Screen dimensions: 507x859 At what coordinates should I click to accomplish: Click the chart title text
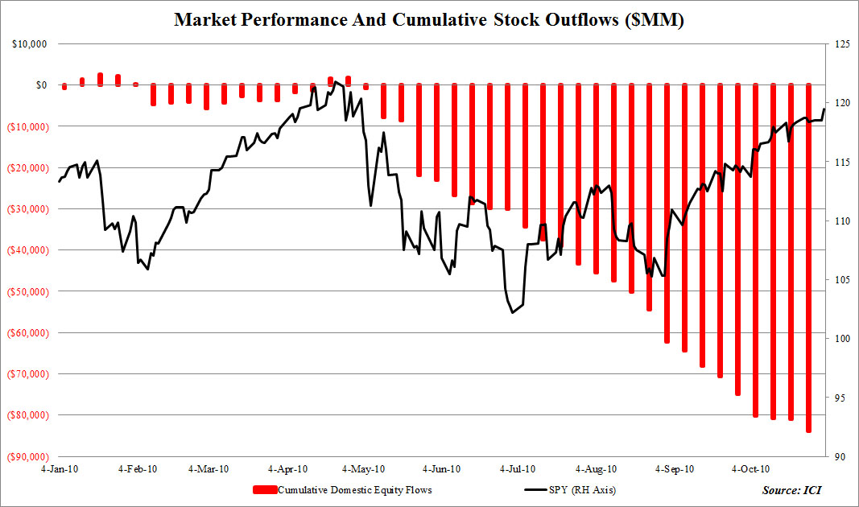coord(429,21)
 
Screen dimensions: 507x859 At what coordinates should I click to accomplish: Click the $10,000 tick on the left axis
coord(30,43)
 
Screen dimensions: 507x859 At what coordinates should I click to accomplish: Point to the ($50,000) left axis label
coord(27,291)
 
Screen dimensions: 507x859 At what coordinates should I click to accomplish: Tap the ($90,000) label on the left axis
coord(27,456)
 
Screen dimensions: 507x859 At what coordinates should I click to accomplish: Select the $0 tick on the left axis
coord(40,84)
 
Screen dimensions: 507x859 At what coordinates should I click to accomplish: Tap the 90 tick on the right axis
coord(837,456)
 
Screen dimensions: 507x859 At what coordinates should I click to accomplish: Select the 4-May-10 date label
coord(363,468)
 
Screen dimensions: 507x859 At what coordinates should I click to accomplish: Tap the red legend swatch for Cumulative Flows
coord(264,489)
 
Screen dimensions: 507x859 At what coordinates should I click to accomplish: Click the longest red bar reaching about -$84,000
coord(808,258)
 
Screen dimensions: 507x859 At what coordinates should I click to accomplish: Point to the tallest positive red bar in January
coord(100,79)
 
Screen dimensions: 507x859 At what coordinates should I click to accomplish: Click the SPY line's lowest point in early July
coord(512,312)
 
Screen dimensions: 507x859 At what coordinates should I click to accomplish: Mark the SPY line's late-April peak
coord(334,81)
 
